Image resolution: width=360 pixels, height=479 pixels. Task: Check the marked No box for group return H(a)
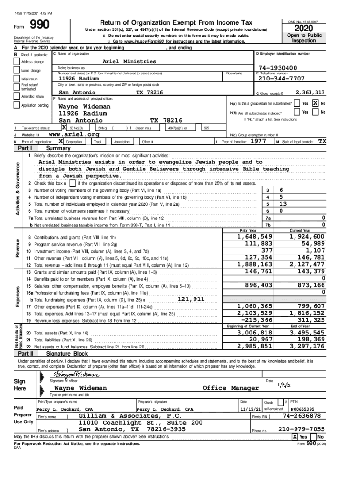[316, 103]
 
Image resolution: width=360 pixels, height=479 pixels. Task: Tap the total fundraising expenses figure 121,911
[191, 299]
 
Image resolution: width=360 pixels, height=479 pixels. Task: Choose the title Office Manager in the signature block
[230, 388]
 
